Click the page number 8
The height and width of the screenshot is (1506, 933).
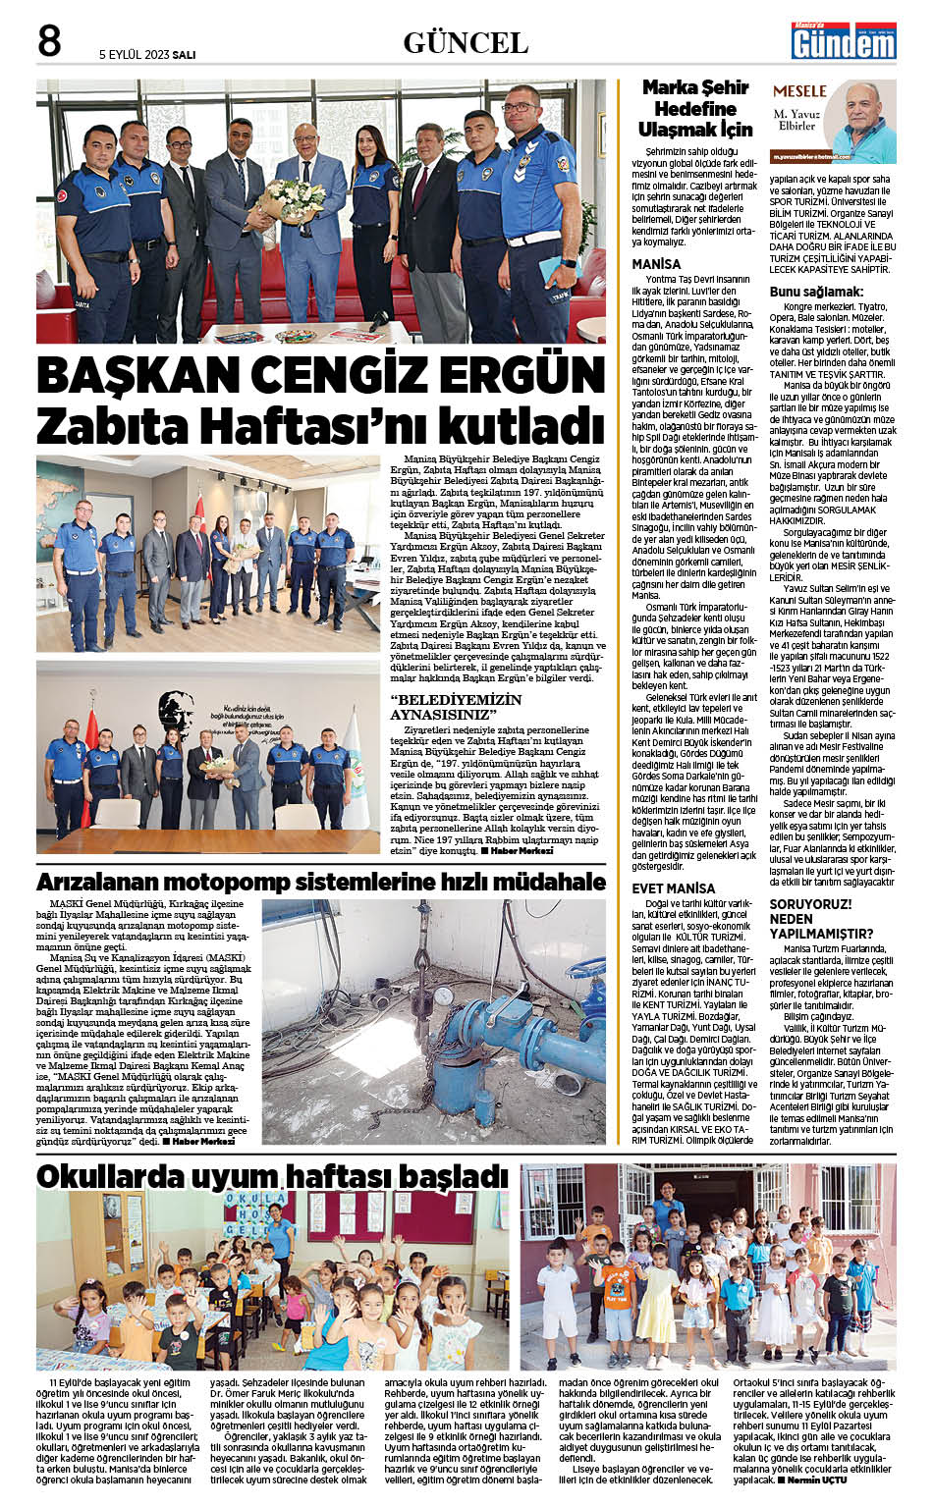pyautogui.click(x=49, y=41)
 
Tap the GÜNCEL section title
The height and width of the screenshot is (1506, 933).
pyautogui.click(x=466, y=42)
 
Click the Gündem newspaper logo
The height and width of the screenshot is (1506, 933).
pyautogui.click(x=831, y=42)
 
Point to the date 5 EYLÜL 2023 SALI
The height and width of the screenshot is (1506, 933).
pyautogui.click(x=147, y=55)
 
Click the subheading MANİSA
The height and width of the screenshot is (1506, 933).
pyautogui.click(x=656, y=264)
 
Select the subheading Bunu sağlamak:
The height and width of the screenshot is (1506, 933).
pyautogui.click(x=816, y=292)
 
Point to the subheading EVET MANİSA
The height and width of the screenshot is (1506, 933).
pyautogui.click(x=674, y=889)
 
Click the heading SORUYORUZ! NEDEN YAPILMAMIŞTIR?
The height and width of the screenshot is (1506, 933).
pyautogui.click(x=821, y=919)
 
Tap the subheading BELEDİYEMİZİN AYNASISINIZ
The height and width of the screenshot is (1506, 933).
pyautogui.click(x=457, y=706)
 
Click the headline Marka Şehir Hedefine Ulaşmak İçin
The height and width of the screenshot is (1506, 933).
pyautogui.click(x=694, y=108)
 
